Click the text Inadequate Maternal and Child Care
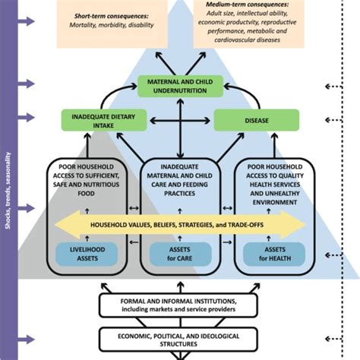pyautogui.click(x=179, y=180)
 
